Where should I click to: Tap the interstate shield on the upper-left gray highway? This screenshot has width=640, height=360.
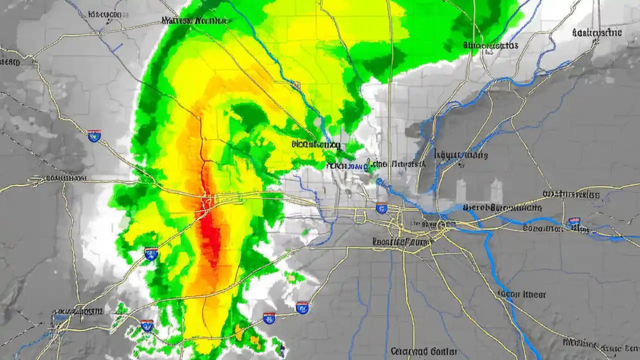(94, 135)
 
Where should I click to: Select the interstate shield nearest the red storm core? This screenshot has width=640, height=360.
(151, 253)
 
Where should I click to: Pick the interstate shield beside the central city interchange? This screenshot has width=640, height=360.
(382, 208)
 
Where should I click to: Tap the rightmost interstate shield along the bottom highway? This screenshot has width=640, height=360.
(302, 307)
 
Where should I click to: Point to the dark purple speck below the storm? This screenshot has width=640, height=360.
(282, 349)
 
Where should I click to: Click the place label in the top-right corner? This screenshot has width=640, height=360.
(596, 33)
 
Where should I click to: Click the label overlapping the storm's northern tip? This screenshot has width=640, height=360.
(194, 21)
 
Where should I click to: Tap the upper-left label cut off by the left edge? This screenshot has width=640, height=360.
(10, 62)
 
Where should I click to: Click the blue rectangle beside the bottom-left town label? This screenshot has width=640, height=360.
(60, 317)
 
